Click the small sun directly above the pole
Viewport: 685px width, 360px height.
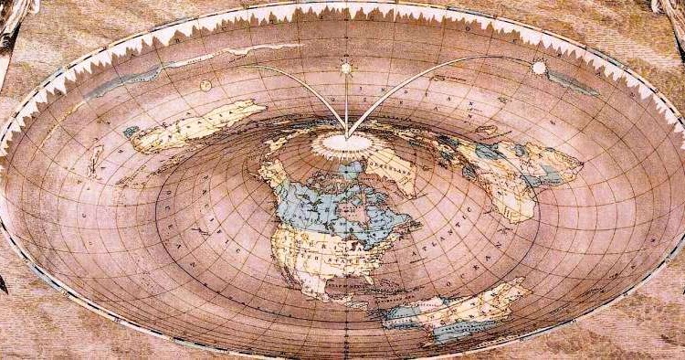346,68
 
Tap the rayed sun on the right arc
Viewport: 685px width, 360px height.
539,68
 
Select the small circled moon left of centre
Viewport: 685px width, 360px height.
205,86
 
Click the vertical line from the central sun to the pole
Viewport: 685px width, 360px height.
346,101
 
